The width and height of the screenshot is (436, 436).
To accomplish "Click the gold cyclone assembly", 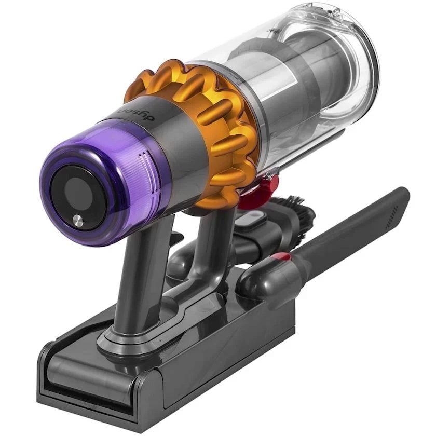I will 208,119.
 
